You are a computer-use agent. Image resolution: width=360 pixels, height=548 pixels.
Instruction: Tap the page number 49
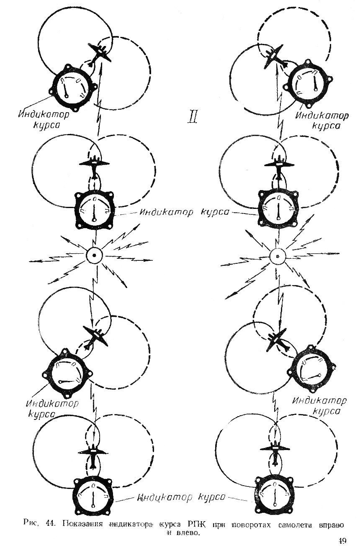[x=342, y=541]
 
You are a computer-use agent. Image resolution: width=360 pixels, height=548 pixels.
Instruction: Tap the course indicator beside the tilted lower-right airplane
[x=312, y=370]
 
